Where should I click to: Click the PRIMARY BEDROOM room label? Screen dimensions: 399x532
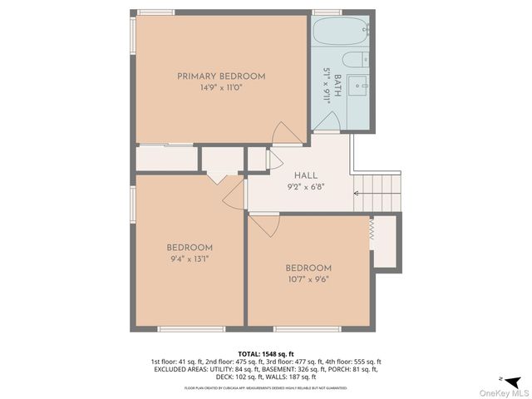(220, 76)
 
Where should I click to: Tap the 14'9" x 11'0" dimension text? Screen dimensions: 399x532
(220, 87)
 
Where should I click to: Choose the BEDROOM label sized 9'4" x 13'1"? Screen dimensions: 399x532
(190, 248)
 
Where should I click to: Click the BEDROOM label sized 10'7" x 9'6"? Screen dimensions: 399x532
(308, 268)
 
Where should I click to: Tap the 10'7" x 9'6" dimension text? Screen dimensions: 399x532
(308, 279)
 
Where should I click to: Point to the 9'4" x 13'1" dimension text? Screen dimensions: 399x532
(190, 259)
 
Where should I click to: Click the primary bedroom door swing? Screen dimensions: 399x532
(283, 132)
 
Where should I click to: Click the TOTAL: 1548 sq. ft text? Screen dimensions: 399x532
(265, 353)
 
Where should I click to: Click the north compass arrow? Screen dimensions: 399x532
(515, 382)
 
